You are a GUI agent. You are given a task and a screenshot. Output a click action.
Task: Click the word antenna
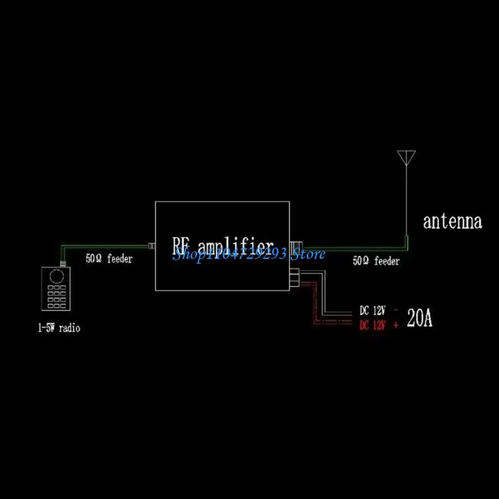(x=452, y=221)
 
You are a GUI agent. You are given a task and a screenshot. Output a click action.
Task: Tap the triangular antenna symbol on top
(x=406, y=157)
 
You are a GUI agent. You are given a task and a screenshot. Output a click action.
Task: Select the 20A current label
(x=419, y=319)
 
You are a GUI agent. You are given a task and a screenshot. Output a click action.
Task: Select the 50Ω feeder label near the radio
(x=109, y=259)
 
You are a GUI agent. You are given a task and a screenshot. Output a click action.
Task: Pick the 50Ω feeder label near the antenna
(x=375, y=261)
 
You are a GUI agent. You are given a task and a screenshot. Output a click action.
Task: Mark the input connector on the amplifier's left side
(x=152, y=246)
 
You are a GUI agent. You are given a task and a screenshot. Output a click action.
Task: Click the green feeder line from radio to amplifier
(x=106, y=247)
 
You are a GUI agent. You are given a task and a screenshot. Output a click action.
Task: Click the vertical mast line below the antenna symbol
(x=406, y=200)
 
